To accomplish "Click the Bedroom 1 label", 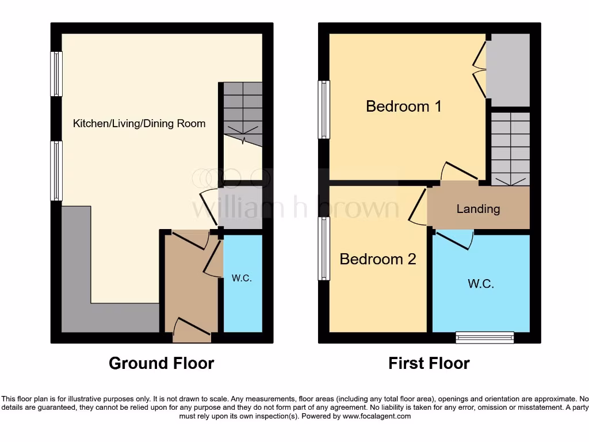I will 404,106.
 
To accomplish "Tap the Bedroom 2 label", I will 378,259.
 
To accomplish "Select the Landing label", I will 478,209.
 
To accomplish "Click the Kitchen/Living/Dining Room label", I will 139,124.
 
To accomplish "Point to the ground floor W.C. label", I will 242,279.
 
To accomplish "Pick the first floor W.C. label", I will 480,284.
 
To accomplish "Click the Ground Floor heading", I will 161,364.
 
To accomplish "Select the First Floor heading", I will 429,364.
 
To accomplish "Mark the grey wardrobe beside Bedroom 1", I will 508,70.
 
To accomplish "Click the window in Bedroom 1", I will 324,109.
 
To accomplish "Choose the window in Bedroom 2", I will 324,249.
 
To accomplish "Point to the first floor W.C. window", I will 484,338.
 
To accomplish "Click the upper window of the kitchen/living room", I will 56,74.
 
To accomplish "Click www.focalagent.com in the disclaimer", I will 377,416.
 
